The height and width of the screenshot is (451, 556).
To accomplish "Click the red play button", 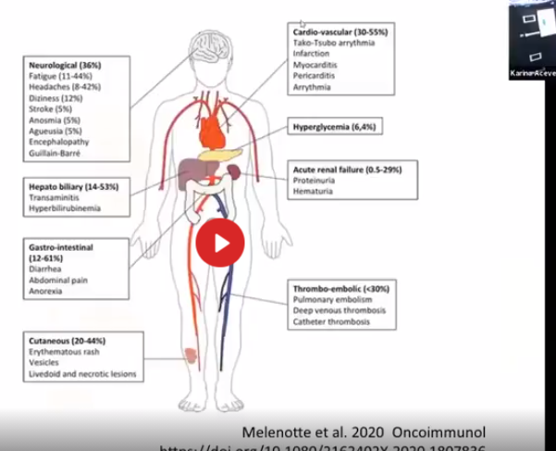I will [x=220, y=243].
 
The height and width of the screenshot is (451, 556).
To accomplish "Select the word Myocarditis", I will [x=315, y=65].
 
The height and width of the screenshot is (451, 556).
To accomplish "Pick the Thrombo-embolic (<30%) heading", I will [x=340, y=289].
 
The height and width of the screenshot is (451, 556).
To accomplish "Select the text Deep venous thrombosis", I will [x=339, y=310].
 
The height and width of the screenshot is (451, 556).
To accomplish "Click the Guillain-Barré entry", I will [x=57, y=153].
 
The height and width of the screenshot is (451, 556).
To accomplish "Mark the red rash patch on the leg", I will [x=191, y=354].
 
